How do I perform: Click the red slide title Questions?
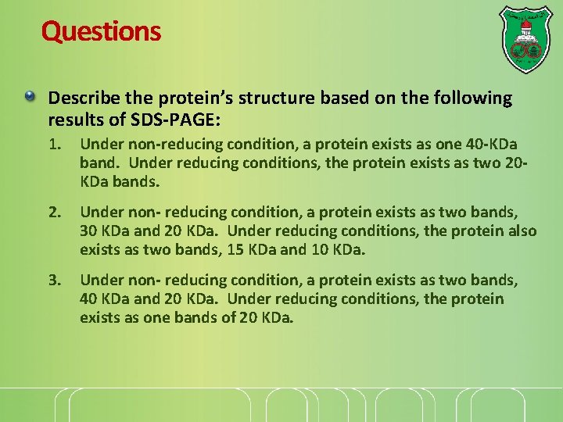coord(101,31)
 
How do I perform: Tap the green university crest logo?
coord(525,40)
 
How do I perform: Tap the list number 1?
coord(53,145)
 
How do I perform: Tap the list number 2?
coord(53,212)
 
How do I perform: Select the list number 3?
coord(53,280)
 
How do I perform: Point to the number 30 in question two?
coord(89,231)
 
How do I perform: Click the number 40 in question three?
coord(89,299)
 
